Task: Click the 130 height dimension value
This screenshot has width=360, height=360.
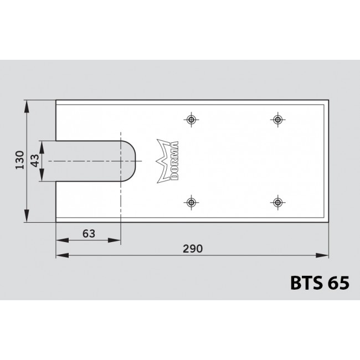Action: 19,161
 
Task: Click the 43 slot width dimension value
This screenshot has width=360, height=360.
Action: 34,161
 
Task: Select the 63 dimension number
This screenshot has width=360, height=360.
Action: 88,233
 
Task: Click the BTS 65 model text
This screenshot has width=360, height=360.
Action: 320,283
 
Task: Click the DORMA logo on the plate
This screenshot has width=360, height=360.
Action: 168,161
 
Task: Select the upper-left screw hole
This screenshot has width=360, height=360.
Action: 192,120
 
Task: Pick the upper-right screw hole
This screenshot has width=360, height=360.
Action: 277,120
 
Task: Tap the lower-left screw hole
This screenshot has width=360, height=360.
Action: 192,202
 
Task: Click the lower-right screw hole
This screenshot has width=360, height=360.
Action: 277,202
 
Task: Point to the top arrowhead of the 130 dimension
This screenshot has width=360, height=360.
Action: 27,104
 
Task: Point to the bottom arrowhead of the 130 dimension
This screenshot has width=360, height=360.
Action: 27,218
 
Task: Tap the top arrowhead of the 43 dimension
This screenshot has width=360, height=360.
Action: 42,143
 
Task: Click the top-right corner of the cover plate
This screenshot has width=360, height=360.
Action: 328,100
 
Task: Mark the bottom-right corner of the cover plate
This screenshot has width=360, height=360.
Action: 328,222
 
